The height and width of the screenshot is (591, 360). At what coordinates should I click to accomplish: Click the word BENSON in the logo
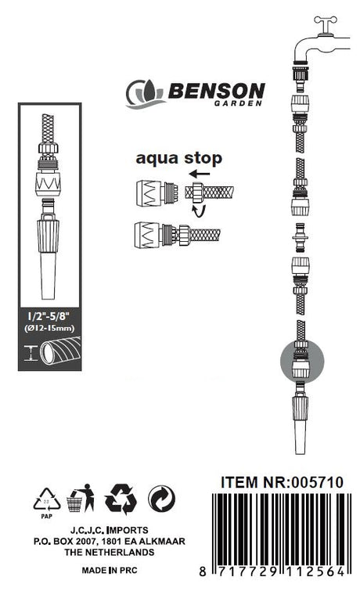(x=217, y=91)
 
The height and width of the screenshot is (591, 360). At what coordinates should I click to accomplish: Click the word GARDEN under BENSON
(x=238, y=103)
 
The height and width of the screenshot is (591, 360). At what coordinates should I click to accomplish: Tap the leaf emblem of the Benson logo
(x=146, y=93)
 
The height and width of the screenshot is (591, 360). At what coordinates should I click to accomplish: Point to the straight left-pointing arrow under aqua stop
(x=200, y=174)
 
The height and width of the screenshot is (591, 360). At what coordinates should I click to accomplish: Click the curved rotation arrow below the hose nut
(x=200, y=211)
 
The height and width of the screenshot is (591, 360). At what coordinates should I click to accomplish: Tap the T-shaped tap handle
(x=326, y=25)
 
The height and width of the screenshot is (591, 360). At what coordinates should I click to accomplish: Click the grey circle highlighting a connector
(x=302, y=361)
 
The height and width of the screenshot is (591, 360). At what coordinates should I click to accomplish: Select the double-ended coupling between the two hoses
(x=301, y=238)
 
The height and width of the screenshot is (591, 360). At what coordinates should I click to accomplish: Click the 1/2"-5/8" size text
(x=49, y=316)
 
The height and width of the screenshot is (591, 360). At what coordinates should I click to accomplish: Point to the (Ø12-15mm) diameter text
(x=49, y=328)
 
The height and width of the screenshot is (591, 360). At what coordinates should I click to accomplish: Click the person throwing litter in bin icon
(x=81, y=498)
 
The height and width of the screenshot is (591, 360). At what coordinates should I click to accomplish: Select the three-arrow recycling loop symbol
(x=121, y=499)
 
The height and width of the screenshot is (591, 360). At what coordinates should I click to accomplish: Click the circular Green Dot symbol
(x=161, y=499)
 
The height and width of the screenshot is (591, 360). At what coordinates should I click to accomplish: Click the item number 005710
(x=318, y=482)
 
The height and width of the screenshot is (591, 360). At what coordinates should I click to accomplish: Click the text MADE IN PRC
(x=110, y=571)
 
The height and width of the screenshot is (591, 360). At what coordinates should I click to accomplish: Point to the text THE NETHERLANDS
(x=110, y=553)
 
